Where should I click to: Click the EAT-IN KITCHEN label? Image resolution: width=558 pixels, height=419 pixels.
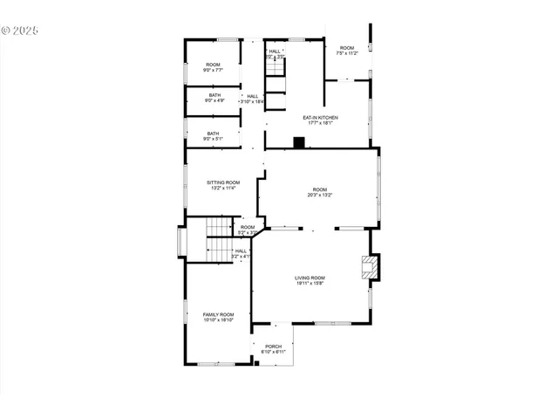point(320,117)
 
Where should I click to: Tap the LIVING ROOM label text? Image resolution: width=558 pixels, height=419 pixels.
point(310,278)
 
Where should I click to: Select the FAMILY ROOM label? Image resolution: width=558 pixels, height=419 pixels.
point(218,314)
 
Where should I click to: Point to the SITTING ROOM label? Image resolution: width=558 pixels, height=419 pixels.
point(222,182)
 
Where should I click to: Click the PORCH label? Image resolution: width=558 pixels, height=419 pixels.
point(273,346)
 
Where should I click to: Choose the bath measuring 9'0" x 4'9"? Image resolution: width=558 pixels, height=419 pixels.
point(214,98)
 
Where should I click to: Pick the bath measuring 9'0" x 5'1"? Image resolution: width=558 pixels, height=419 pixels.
point(214,135)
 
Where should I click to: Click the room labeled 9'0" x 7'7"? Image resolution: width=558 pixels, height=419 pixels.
point(214,68)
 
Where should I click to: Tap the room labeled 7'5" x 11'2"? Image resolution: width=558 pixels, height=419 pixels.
point(347,50)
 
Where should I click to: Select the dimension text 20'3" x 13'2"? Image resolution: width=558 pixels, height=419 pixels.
point(320,196)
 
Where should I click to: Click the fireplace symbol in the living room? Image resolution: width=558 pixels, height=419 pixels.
point(371,268)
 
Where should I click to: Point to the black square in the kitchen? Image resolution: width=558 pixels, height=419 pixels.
point(298,142)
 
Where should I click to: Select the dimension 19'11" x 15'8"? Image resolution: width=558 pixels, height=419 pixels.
point(310,283)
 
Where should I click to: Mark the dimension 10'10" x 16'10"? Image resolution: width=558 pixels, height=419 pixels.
point(218,320)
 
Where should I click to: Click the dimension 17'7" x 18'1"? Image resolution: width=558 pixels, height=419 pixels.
point(320,122)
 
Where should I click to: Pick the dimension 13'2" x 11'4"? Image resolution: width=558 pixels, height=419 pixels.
point(222,188)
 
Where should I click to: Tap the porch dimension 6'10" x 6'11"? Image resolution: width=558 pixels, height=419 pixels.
point(273,352)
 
